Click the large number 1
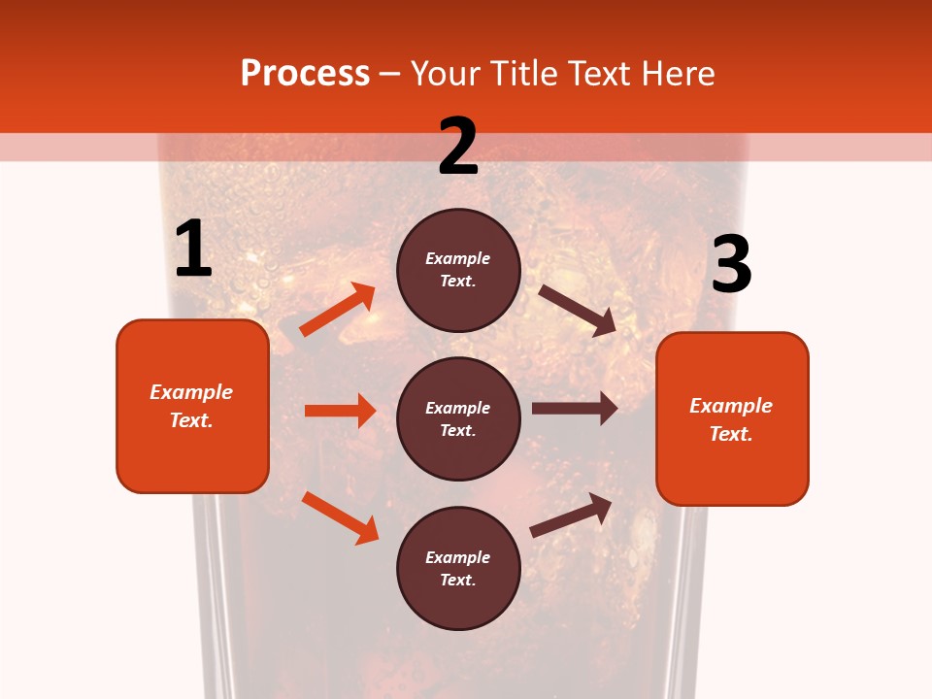pos(193,250)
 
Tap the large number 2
pos(458,147)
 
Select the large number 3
pos(731,265)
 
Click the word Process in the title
pos(305,73)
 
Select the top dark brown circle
pos(458,270)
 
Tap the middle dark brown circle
pos(458,418)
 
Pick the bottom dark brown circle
pos(458,568)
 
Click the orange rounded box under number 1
pos(192,406)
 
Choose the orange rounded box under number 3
pos(732,418)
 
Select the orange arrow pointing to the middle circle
pos(340,411)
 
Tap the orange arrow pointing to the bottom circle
pos(340,517)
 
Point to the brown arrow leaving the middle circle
pos(575,409)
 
